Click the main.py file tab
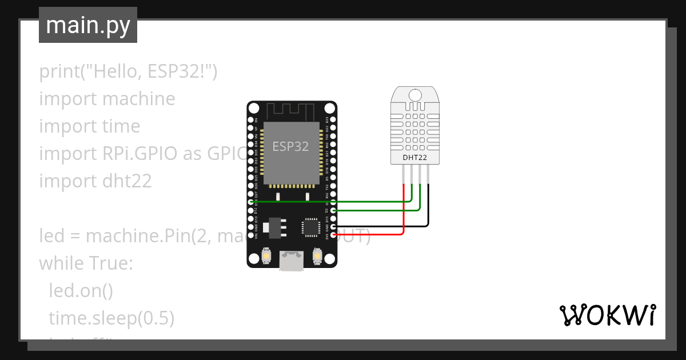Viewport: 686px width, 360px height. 87,25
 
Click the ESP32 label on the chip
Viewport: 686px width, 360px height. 290,146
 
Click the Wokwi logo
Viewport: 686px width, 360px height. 607,315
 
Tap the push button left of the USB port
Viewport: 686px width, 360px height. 266,257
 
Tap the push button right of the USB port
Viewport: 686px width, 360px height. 317,257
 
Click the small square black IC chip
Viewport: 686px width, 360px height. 310,226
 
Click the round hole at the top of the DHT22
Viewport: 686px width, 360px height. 416,94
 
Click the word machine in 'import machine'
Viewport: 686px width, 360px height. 138,99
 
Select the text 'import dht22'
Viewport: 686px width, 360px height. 95,181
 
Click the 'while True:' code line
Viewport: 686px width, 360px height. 86,263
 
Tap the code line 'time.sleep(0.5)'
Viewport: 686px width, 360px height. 111,318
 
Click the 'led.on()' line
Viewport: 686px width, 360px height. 81,290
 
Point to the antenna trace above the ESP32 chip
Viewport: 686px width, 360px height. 292,110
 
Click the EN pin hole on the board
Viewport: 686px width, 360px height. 251,120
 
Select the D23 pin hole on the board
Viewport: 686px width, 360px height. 333,120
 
